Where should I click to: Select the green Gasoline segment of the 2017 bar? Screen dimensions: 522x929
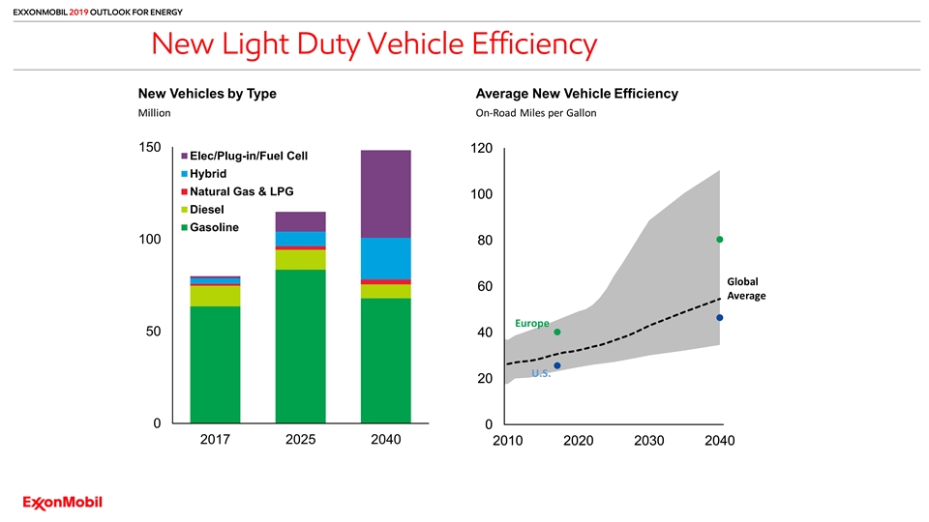coord(215,364)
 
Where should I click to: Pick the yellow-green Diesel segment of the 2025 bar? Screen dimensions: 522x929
coord(300,259)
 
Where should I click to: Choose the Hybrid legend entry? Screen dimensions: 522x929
coord(208,174)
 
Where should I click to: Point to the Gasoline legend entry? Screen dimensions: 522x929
coord(214,226)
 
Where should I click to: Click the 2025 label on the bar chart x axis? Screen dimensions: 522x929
coord(300,441)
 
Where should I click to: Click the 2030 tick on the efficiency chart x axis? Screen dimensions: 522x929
coord(648,442)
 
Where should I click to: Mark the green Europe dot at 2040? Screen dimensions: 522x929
coord(720,240)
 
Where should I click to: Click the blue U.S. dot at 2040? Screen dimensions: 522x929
coord(720,318)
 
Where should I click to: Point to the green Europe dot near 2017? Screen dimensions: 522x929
coord(557,332)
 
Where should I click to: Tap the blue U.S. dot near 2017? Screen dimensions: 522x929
coord(557,365)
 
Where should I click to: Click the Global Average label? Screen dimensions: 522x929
coord(745,288)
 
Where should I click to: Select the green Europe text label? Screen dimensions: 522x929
coord(531,323)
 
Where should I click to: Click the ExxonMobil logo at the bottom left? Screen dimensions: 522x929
coord(63,502)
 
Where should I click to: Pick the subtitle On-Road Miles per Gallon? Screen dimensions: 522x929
coord(536,113)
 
